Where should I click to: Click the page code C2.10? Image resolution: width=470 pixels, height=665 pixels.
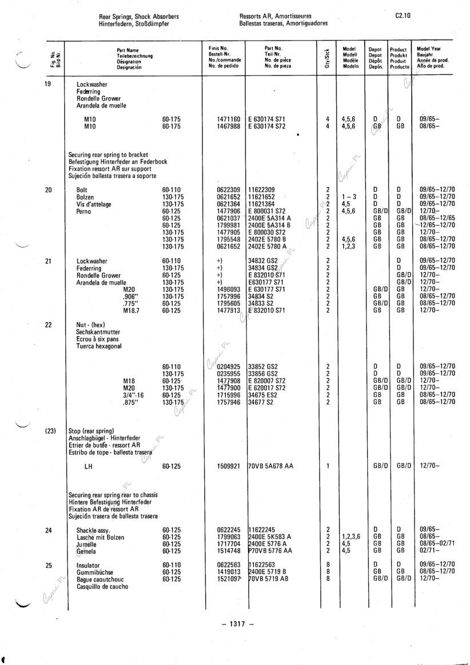(x=403, y=17)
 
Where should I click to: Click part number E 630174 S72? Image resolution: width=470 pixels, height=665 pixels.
(x=267, y=126)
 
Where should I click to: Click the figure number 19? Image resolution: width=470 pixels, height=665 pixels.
(x=49, y=84)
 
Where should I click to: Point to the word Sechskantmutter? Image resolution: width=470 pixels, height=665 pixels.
(x=95, y=332)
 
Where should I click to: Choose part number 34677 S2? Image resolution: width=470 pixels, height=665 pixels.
(x=264, y=402)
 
